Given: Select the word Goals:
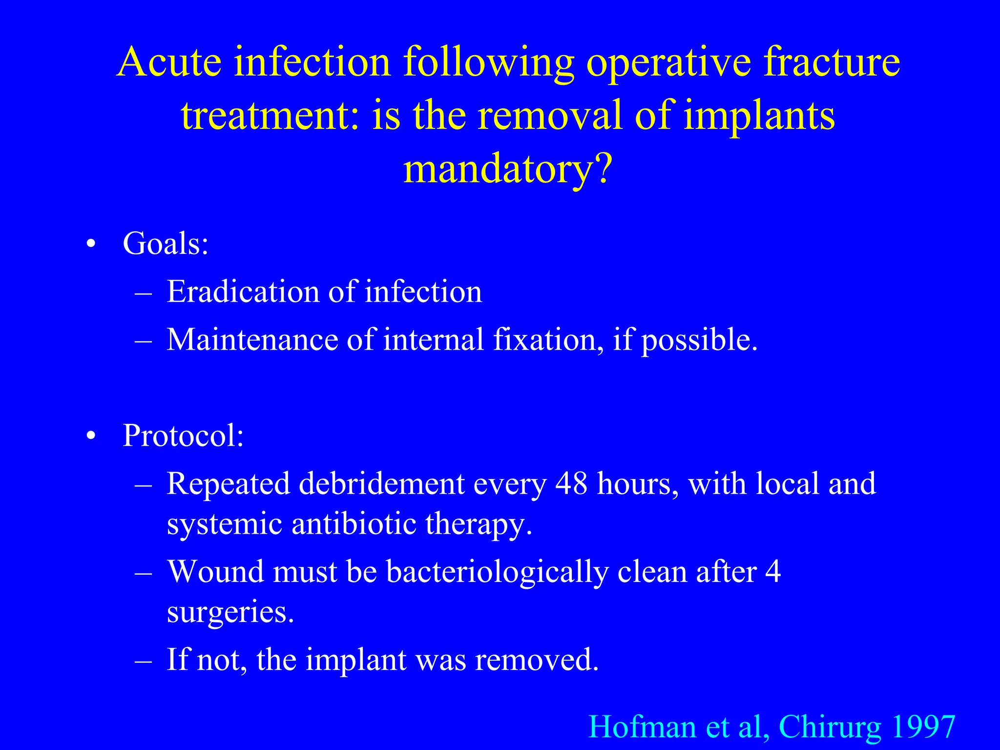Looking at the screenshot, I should [166, 243].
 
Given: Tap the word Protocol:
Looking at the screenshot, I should [183, 435].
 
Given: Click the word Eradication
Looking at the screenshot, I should [243, 292].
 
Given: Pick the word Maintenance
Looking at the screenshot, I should [252, 339].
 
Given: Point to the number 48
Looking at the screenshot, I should [571, 484].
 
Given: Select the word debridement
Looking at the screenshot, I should [381, 484].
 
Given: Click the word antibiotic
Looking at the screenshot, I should [354, 523].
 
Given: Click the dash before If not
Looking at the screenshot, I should [143, 660].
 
